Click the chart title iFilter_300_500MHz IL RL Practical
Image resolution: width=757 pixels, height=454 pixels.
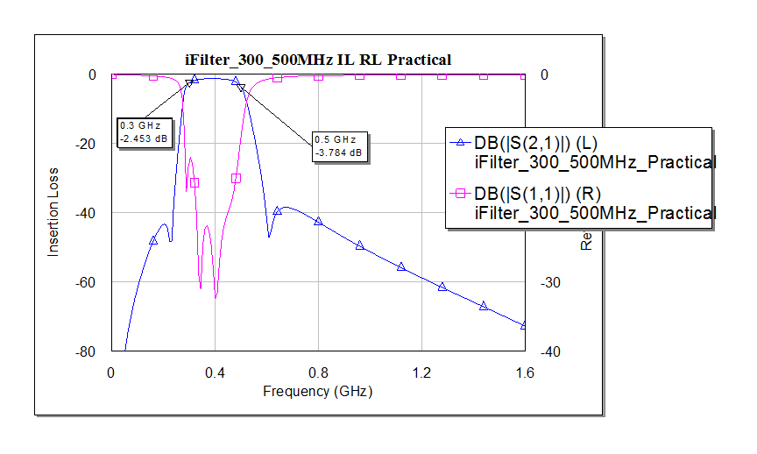318,60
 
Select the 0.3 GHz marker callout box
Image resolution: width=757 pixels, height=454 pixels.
145,132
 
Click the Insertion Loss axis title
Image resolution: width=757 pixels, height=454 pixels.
53,211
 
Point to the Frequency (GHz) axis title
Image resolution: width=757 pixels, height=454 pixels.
317,391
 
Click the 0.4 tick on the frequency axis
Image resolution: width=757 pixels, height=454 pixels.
215,372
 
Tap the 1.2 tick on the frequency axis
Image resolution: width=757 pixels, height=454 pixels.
421,372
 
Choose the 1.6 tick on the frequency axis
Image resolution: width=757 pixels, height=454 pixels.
525,372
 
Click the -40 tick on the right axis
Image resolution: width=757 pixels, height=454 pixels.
544,351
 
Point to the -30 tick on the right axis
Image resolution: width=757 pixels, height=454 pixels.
544,282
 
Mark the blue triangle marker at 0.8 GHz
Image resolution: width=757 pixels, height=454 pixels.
318,221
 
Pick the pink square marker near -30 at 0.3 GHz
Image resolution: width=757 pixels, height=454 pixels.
195,182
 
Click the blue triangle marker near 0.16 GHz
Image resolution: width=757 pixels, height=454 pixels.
153,240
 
